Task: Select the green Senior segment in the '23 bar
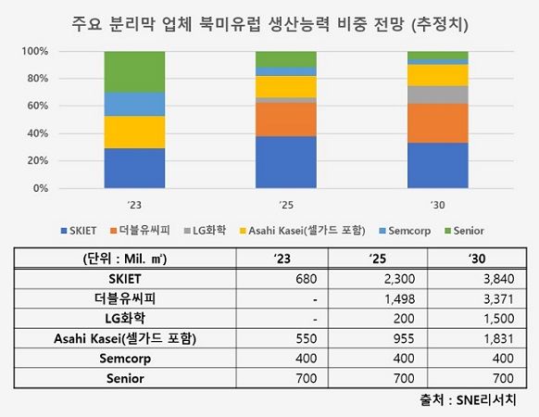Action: click(134, 71)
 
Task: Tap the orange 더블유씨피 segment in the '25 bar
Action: click(286, 119)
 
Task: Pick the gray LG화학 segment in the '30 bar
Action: click(437, 95)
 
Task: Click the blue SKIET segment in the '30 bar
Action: click(437, 165)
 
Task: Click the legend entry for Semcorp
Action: click(408, 230)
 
